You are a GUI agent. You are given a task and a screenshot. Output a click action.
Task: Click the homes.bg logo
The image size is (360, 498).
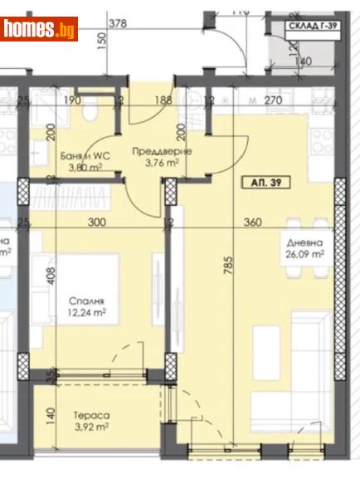pos(40,29)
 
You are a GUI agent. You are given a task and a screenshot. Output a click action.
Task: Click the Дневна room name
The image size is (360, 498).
pos(302,244)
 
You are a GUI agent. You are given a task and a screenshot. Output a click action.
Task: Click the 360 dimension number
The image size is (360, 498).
pos(253,222)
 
